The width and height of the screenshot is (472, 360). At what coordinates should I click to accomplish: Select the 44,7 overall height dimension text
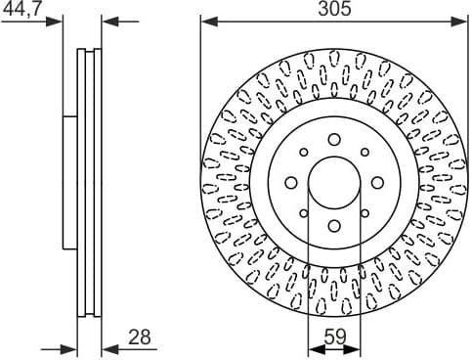[21, 9]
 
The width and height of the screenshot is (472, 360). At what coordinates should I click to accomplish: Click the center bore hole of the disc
[333, 183]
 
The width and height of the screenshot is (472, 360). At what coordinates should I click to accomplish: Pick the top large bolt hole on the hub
[333, 140]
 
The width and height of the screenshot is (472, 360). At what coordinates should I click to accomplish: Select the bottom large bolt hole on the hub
[333, 226]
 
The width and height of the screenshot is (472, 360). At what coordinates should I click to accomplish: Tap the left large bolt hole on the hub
[290, 183]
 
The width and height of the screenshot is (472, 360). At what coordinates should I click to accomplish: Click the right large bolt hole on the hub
[376, 183]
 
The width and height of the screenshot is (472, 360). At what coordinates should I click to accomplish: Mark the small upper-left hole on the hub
[304, 153]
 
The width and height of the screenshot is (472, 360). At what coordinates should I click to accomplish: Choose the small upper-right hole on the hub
[364, 153]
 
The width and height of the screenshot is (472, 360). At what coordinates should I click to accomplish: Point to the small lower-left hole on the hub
[304, 213]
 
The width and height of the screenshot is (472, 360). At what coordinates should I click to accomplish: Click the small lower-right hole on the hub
[364, 213]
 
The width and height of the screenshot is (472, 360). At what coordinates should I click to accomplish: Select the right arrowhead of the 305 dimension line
[461, 20]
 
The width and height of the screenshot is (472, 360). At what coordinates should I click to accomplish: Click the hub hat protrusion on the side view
[69, 183]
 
